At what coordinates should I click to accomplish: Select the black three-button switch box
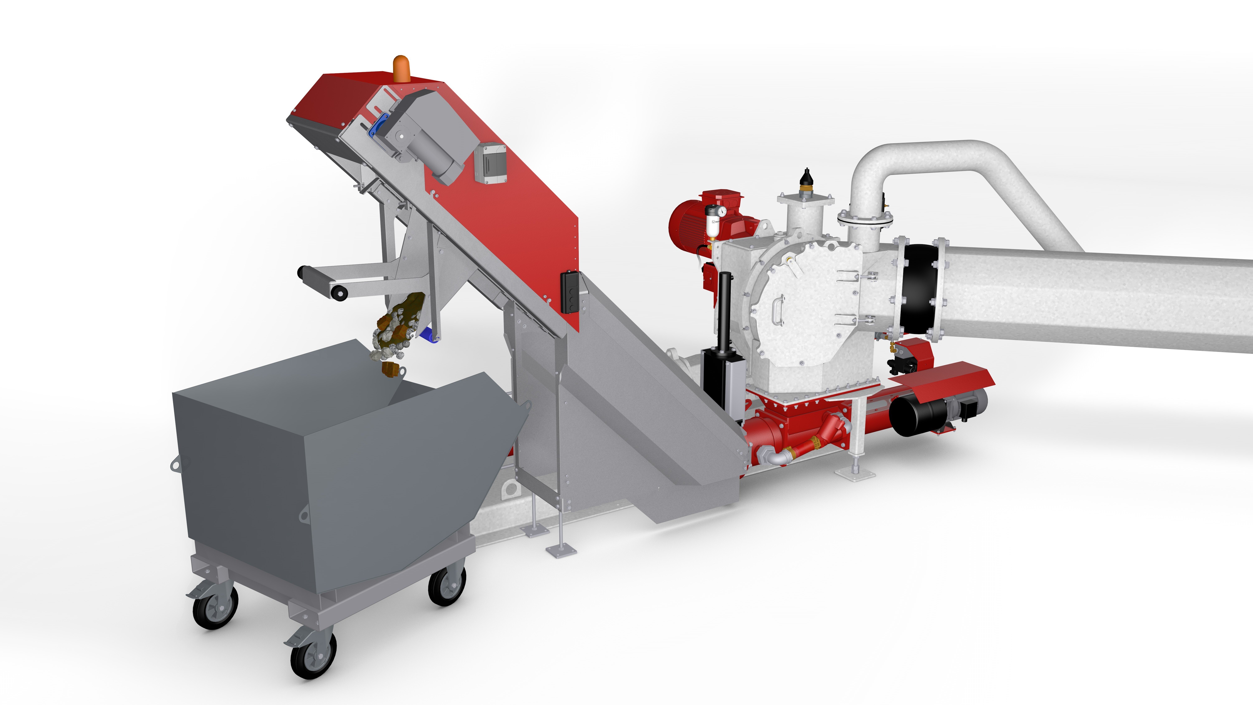(x=569, y=292)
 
